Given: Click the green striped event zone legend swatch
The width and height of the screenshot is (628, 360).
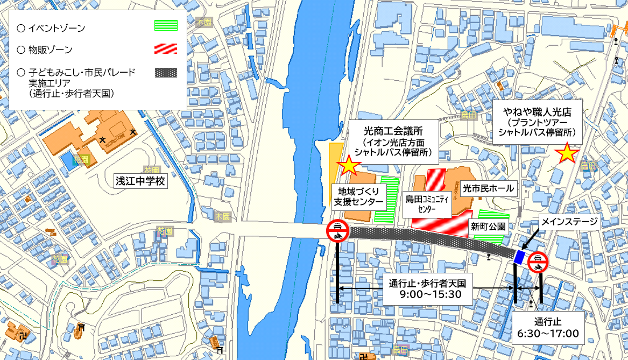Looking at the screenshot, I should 165,26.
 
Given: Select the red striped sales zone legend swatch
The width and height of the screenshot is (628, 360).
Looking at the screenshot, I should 165,49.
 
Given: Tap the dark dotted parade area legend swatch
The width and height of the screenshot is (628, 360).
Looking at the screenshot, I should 165,72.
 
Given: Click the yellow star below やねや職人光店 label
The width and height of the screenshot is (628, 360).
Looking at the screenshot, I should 567,154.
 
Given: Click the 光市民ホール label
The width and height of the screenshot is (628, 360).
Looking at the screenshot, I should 489,188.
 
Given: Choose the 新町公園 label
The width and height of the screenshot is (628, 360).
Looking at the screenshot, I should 488,227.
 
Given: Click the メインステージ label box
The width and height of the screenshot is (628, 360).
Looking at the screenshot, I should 570,221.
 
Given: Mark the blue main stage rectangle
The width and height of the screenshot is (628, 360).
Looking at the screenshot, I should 519,257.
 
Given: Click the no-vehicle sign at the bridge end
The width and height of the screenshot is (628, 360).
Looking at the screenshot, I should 337,231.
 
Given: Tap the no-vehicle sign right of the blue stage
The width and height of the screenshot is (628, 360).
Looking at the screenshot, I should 538,263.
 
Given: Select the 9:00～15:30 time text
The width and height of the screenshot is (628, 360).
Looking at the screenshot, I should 431,294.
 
